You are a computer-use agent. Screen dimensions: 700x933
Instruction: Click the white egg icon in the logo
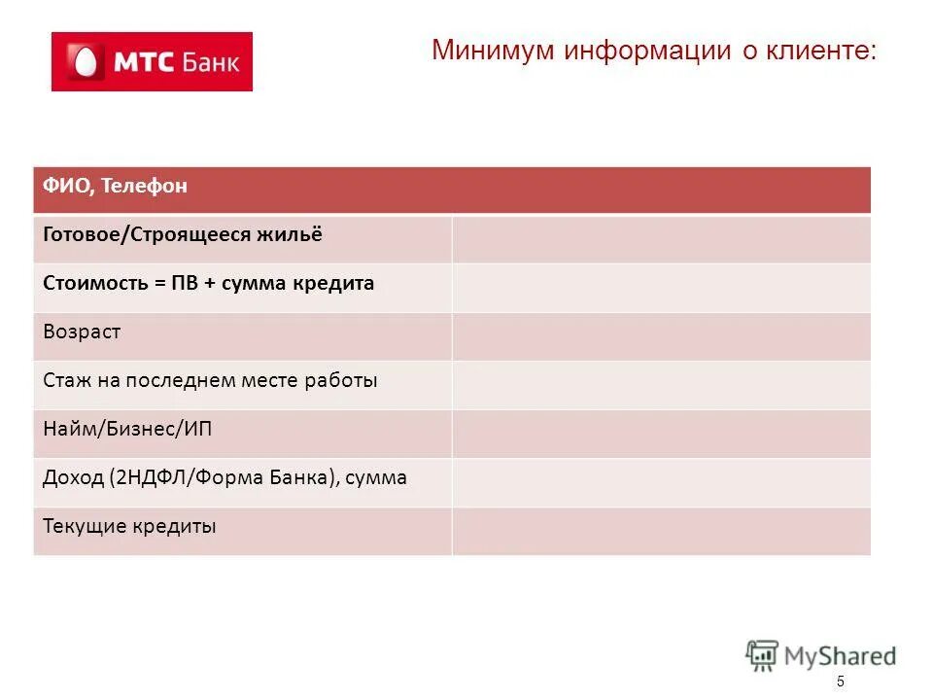(x=84, y=62)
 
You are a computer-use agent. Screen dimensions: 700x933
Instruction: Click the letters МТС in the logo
(x=145, y=63)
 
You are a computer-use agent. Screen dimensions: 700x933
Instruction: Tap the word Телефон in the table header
(x=143, y=186)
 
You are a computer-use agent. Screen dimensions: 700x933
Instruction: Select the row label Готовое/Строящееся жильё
(x=182, y=234)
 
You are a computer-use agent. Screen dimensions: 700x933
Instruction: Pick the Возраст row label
(x=82, y=332)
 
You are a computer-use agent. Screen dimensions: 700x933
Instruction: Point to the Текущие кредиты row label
(x=129, y=527)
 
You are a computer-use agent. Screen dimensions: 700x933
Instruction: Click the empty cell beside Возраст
(x=661, y=336)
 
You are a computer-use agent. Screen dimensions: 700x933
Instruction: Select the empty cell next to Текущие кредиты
(x=661, y=531)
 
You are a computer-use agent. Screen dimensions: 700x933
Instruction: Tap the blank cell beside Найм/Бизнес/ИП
(x=661, y=434)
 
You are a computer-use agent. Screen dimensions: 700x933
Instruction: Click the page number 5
(x=841, y=682)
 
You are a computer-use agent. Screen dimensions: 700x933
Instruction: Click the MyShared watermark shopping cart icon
(x=763, y=655)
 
